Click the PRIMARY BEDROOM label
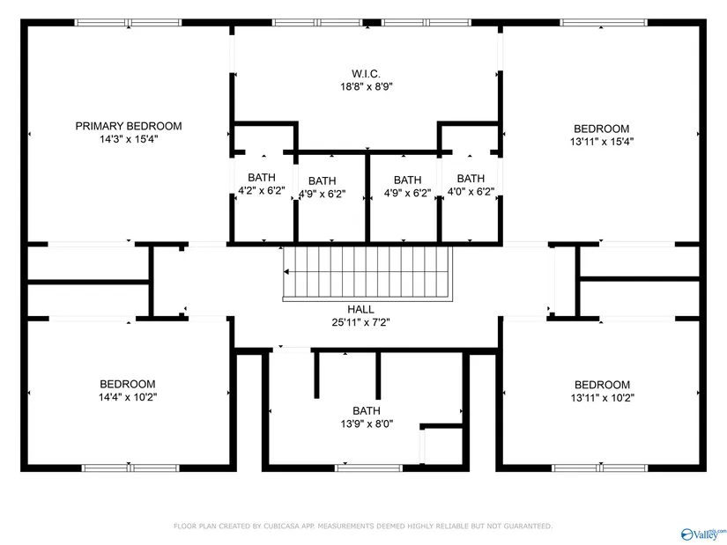129,126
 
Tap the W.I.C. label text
366,74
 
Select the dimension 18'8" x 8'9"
367,86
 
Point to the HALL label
360,309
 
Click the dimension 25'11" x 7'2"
360,322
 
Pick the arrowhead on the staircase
286,271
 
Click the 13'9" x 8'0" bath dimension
367,423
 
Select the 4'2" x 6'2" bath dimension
262,190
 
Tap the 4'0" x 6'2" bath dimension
471,191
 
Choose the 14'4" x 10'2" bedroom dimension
128,397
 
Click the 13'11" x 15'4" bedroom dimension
602,142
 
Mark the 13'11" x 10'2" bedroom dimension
602,398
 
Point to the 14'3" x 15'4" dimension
129,139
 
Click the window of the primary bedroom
129,22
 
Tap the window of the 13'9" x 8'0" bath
368,468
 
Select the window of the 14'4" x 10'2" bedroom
130,468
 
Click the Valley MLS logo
703,534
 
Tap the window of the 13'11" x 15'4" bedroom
604,22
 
